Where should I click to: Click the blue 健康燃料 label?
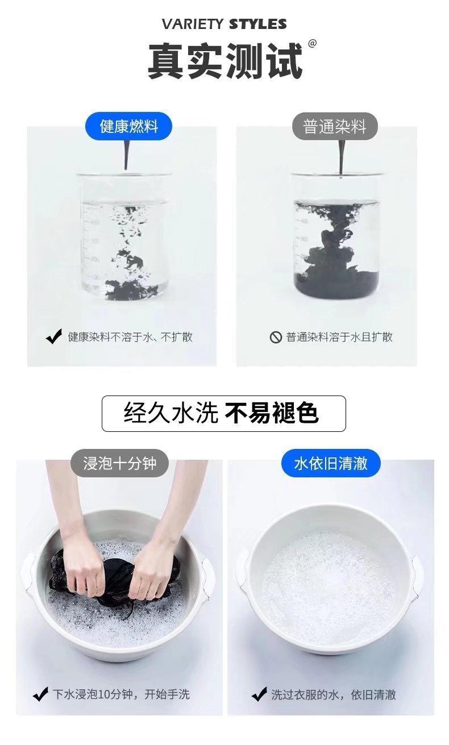(x=128, y=126)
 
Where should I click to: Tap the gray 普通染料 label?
(x=335, y=126)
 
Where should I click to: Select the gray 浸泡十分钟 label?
(x=119, y=463)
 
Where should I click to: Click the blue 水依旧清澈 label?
(x=331, y=463)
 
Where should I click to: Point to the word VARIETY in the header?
(x=193, y=24)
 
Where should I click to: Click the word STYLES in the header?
(x=258, y=24)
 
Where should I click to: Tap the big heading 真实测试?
(x=225, y=61)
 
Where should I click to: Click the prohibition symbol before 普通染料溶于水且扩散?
(x=276, y=337)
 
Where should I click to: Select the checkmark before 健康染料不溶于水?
(x=53, y=336)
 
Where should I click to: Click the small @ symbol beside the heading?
(x=312, y=44)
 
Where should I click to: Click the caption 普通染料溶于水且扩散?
(x=339, y=337)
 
